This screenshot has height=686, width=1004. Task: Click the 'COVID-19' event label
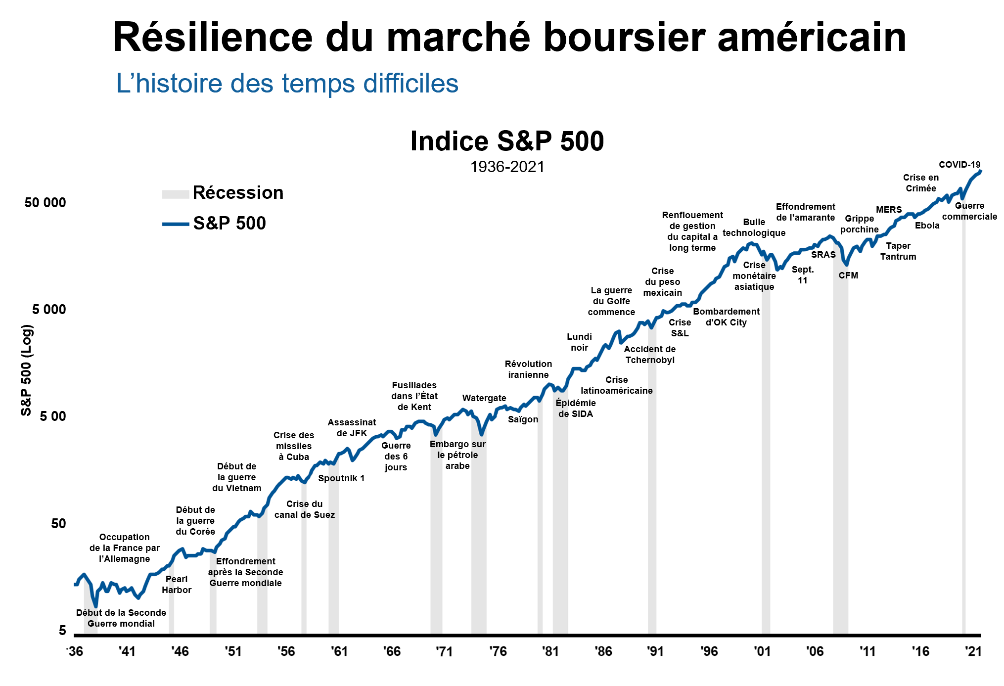click(959, 165)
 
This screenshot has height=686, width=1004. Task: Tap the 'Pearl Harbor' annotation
click(177, 584)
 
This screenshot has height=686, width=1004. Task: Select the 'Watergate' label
click(484, 398)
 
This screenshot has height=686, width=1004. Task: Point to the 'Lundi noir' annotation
click(579, 342)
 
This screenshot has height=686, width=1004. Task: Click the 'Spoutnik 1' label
click(341, 478)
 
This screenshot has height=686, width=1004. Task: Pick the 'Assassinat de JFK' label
click(352, 428)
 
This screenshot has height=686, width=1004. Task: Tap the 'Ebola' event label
click(927, 226)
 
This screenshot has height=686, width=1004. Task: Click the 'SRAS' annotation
click(823, 255)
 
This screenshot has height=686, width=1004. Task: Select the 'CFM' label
click(848, 275)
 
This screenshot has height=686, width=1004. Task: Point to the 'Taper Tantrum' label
click(898, 251)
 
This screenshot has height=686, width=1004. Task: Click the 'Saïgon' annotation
click(523, 419)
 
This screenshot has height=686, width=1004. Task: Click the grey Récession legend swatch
click(175, 194)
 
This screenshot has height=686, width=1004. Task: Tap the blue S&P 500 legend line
click(175, 224)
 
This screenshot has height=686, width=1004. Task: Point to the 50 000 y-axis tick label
click(45, 203)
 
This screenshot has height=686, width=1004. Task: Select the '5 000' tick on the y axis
click(49, 310)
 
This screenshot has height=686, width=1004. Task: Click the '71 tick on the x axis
click(444, 651)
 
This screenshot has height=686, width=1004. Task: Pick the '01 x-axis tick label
click(762, 651)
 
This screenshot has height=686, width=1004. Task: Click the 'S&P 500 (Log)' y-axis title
click(26, 370)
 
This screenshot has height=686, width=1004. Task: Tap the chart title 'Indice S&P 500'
click(507, 141)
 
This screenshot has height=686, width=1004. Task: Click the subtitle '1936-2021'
click(507, 167)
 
